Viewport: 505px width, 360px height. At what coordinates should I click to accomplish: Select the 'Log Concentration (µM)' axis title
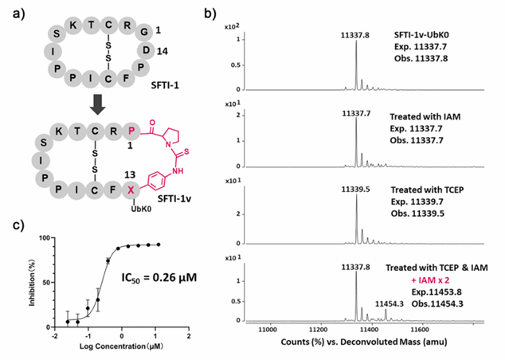(x=112, y=351)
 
